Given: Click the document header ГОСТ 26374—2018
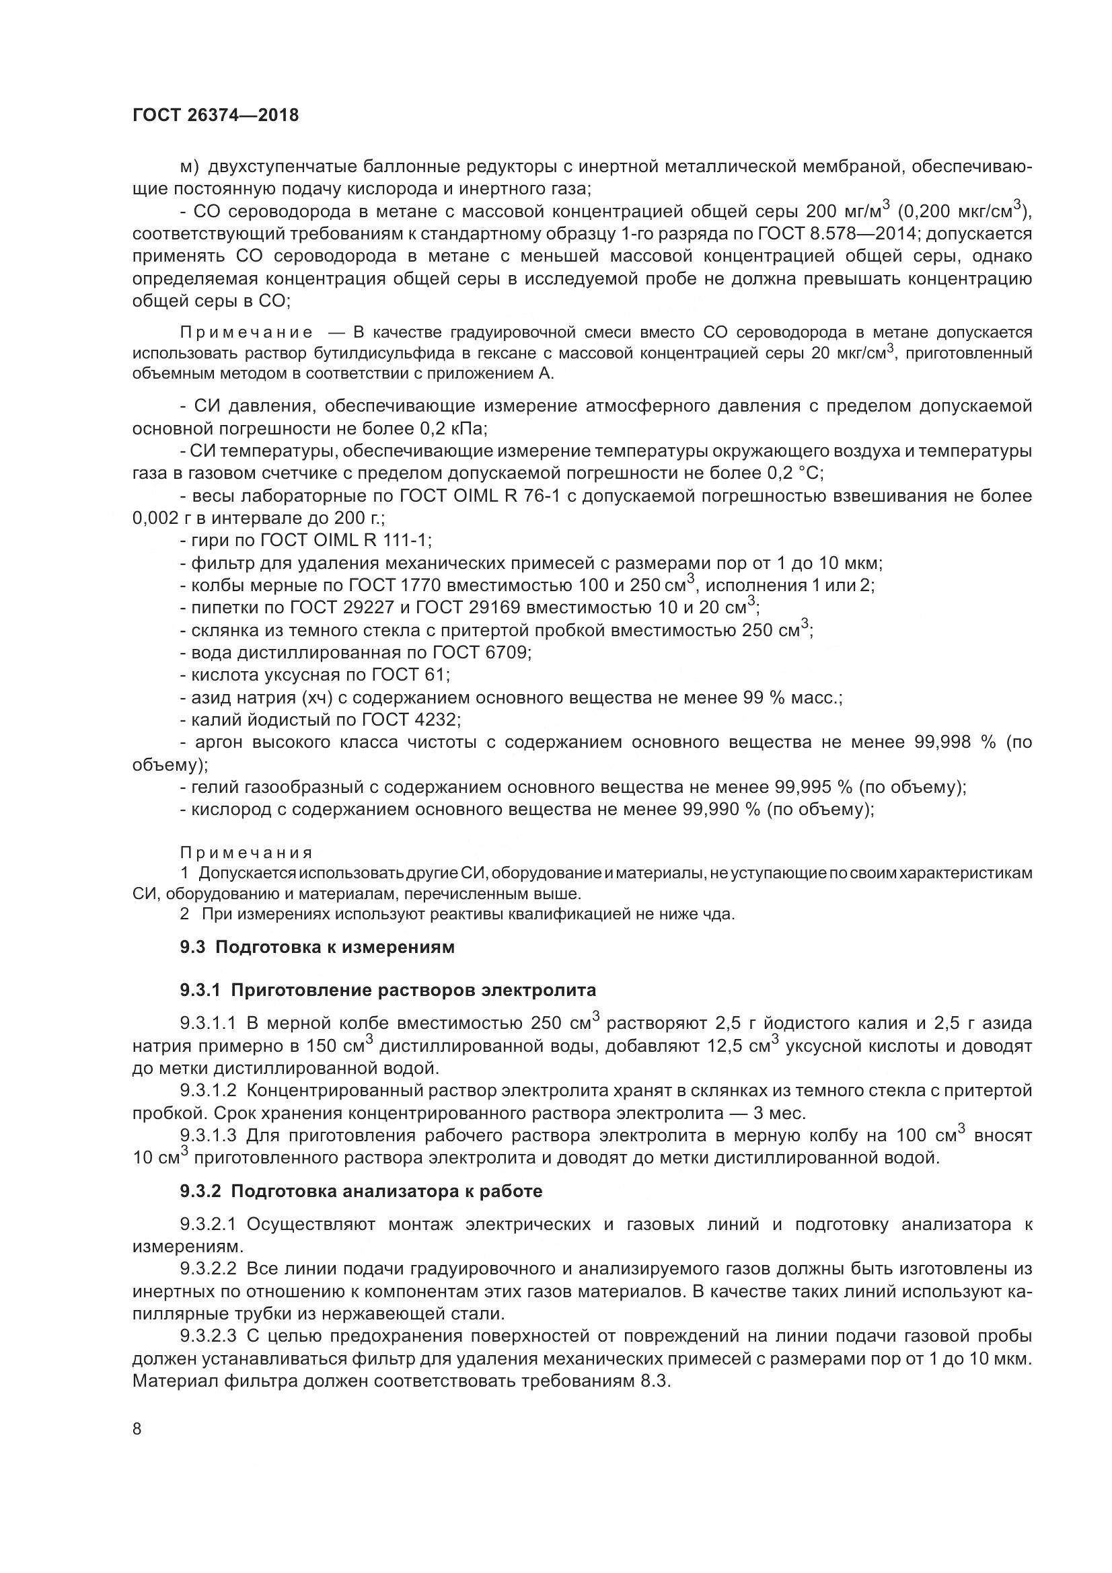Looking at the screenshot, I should click(x=215, y=115).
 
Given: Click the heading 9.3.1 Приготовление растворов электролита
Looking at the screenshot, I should click(x=387, y=990).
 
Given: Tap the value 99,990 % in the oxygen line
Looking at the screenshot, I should click(x=721, y=810).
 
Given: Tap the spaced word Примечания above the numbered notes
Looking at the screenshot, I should click(x=246, y=853).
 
